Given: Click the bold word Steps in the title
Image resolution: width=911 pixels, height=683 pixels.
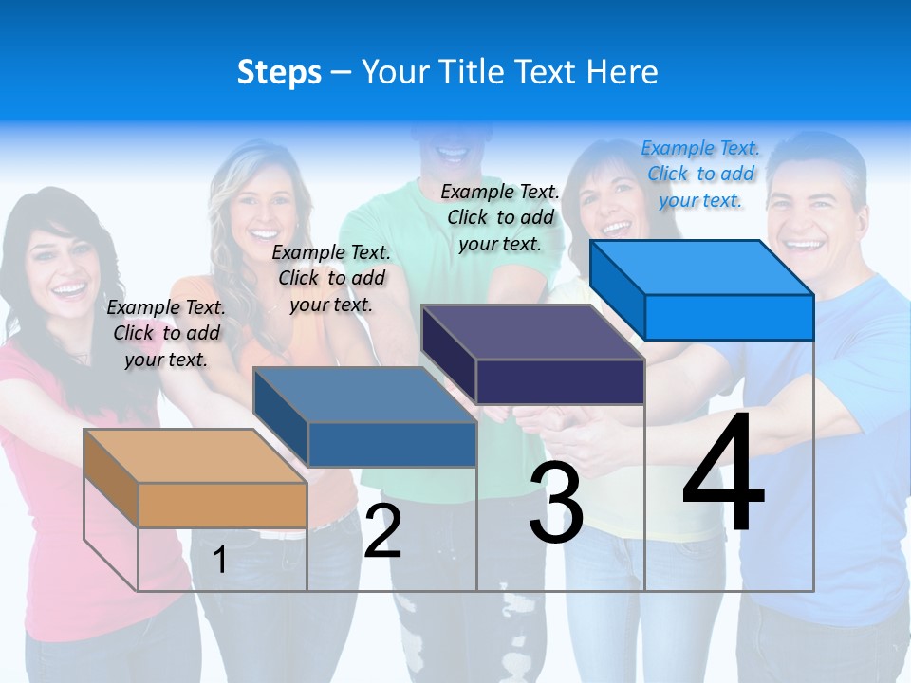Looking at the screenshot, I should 279,72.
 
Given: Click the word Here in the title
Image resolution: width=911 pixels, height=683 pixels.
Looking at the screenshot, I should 623,72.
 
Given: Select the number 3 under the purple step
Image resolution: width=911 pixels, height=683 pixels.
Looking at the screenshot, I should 556,503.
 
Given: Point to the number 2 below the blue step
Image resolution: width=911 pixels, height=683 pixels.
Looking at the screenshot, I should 382,531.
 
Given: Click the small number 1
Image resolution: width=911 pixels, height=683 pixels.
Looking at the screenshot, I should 219,560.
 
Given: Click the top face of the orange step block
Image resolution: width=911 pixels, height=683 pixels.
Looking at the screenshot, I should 195,456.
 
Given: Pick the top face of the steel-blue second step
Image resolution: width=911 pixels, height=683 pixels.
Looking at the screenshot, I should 364,395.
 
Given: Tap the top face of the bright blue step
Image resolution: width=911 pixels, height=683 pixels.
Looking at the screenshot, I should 702,268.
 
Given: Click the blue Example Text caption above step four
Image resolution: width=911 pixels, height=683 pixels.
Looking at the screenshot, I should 700,174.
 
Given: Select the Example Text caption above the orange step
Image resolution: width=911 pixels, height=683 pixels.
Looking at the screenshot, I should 166,333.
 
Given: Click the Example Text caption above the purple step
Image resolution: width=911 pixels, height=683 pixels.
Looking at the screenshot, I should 500,217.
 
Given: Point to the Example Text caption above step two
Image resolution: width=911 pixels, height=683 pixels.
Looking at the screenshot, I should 331,278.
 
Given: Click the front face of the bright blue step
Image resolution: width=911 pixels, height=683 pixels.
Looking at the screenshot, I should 729,317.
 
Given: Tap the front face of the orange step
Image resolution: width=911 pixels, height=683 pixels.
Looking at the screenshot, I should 222,505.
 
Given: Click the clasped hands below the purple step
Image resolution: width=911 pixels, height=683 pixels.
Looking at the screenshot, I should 569,432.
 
